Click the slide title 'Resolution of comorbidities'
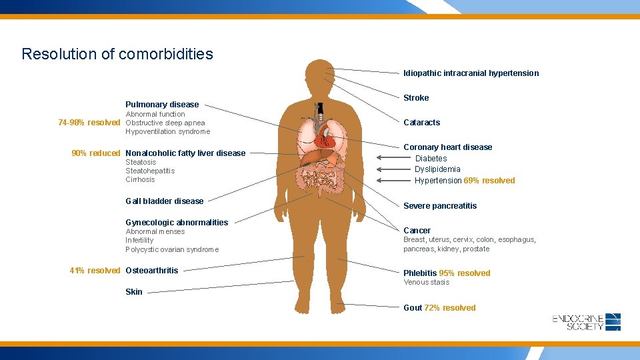coord(117,54)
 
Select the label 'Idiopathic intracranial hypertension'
coord(471,73)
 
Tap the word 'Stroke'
coord(416,98)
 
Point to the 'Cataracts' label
coord(421,123)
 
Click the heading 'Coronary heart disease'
coord(447,147)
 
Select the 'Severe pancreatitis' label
coord(440,206)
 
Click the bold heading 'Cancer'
coord(417,231)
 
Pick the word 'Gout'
coord(413,308)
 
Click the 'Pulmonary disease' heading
coord(162,105)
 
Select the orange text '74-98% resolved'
coord(89,123)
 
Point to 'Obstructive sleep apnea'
coord(165,123)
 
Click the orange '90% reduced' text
coord(96,153)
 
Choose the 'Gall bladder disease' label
coord(165,201)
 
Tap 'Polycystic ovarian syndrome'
coord(172,249)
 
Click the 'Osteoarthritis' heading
coord(152,271)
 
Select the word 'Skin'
coord(134,292)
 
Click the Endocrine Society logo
coord(587,322)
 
